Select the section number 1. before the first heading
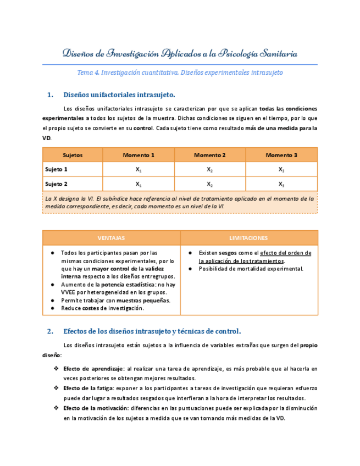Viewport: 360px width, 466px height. click(51, 95)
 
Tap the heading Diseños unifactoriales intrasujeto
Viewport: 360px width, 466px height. click(119, 95)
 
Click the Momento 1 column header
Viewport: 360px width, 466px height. click(139, 155)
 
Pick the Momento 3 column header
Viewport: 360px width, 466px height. click(281, 155)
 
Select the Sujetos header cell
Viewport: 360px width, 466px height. click(73, 155)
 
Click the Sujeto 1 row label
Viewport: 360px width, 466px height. click(57, 169)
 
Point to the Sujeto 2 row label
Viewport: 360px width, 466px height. click(57, 184)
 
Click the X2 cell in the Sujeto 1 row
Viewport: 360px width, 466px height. click(210, 170)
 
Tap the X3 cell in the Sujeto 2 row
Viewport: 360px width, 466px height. click(281, 184)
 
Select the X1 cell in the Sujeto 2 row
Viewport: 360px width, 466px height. click(139, 184)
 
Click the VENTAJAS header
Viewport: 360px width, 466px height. click(111, 238)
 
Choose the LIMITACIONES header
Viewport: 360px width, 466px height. click(249, 238)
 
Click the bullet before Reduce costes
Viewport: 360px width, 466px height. click(52, 308)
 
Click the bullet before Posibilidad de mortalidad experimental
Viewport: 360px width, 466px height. click(190, 269)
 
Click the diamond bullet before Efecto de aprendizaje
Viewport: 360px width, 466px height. click(56, 369)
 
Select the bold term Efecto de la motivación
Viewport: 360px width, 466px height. click(95, 408)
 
